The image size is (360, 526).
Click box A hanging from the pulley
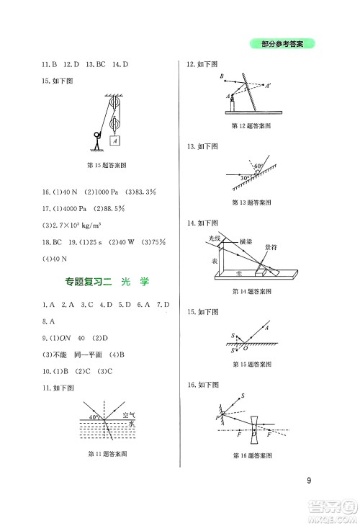pyautogui.click(x=115, y=142)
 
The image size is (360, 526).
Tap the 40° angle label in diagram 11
pyautogui.click(x=93, y=417)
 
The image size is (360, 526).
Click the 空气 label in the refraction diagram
pyautogui.click(x=130, y=416)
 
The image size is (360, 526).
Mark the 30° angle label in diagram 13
pyautogui.click(x=246, y=177)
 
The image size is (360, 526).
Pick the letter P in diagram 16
pyautogui.click(x=217, y=416)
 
